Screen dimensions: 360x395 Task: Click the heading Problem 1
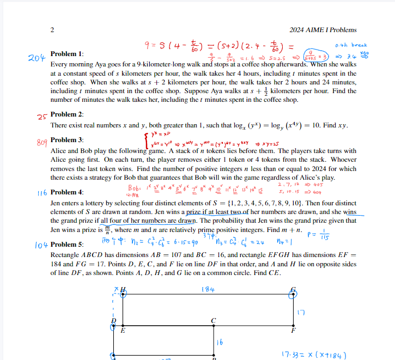67,54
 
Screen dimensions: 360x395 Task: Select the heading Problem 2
67,114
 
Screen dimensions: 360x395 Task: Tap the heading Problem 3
67,140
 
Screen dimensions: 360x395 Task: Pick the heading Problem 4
67,192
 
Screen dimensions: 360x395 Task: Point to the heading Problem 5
67,245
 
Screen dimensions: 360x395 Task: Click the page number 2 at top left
52,30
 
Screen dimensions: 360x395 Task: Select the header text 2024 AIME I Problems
324,30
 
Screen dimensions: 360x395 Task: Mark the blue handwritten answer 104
40,246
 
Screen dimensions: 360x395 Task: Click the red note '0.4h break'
351,45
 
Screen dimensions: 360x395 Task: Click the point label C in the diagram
214,320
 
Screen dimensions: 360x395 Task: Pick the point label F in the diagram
294,330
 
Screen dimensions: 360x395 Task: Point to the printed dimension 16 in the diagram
220,343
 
